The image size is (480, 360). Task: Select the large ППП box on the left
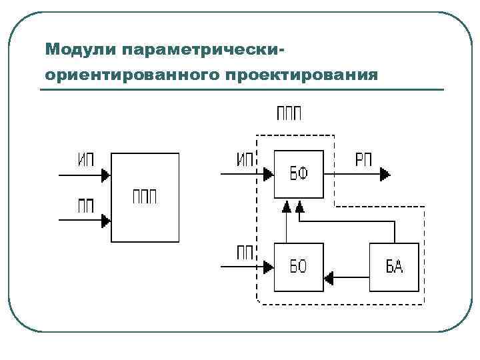(x=145, y=197)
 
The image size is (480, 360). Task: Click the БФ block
(x=298, y=175)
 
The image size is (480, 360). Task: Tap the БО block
(x=298, y=267)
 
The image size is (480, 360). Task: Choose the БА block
(x=395, y=267)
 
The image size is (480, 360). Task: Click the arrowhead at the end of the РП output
(x=385, y=175)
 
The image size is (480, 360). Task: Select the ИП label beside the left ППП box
(x=87, y=160)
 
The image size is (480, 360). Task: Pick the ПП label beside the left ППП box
(x=86, y=205)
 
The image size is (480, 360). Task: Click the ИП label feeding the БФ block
(x=245, y=159)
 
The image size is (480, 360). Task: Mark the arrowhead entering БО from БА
(x=329, y=275)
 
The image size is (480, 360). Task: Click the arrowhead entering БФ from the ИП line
(x=269, y=175)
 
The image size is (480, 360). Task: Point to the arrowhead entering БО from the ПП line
(x=269, y=267)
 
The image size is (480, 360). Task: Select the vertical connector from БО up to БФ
(x=286, y=227)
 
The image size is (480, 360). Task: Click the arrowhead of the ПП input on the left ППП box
(x=105, y=221)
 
